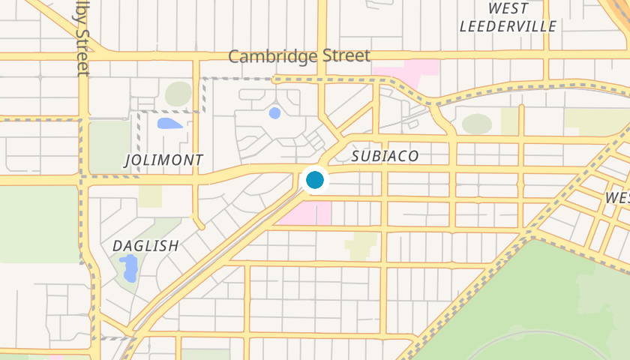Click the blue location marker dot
point(314,180)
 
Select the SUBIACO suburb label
point(385,157)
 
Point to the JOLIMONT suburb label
point(163,160)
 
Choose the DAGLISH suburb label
point(145,246)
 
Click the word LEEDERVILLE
point(508,26)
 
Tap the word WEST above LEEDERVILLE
point(508,8)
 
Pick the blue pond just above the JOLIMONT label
point(169,123)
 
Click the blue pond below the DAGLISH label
point(129,268)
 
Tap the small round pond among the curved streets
point(274,113)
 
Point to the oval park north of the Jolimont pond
point(178,94)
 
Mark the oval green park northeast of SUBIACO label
point(476,124)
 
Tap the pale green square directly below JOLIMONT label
point(150,196)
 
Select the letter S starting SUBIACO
point(356,157)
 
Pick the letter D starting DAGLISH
point(117,246)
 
